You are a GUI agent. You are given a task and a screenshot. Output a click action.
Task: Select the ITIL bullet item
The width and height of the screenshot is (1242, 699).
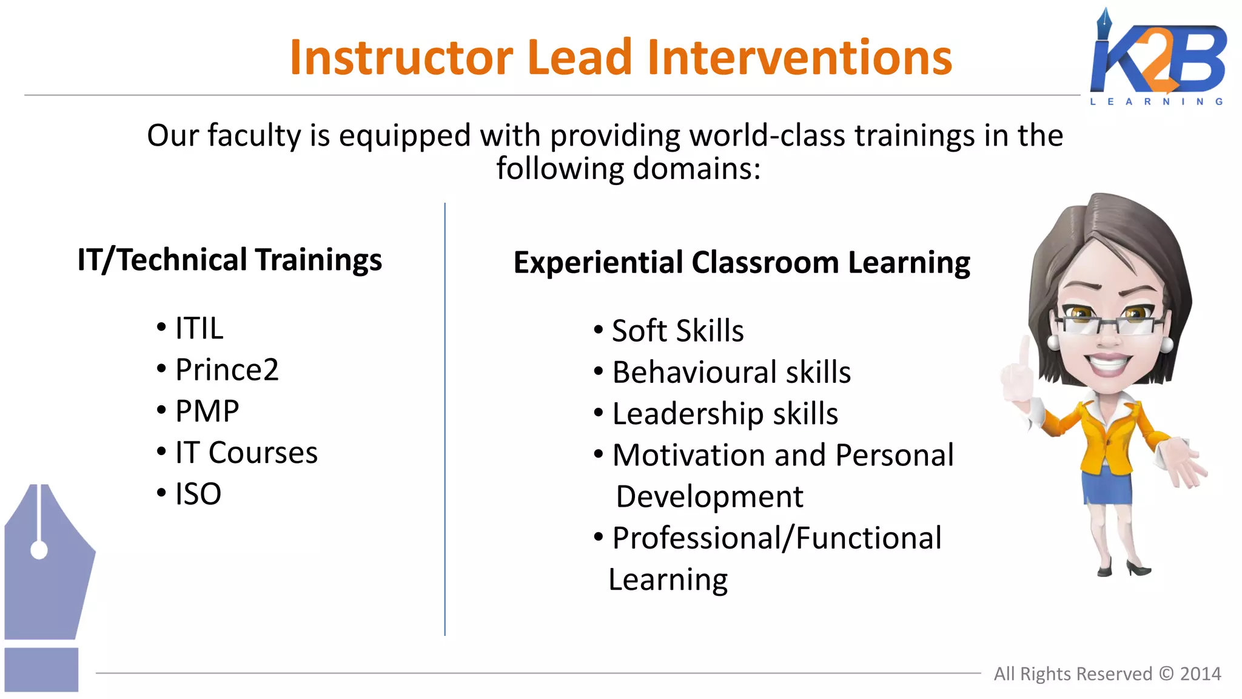tap(199, 328)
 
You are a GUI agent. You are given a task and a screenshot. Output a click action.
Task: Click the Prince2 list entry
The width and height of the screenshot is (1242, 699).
tap(227, 370)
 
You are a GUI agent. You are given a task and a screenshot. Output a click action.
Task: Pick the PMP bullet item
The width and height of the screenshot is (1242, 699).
tap(207, 411)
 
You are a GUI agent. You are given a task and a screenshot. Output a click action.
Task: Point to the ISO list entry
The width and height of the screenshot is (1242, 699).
tap(198, 494)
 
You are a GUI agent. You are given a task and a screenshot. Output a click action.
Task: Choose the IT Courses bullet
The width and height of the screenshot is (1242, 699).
tap(246, 453)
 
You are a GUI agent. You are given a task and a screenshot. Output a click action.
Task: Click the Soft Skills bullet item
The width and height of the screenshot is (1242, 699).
tap(677, 331)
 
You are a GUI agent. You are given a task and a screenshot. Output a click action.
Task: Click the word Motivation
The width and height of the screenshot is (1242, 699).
tap(688, 455)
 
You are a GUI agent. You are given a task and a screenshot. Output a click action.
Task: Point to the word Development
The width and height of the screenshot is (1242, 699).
tap(709, 497)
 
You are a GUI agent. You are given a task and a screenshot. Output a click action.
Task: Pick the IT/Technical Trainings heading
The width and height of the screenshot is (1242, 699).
tap(229, 260)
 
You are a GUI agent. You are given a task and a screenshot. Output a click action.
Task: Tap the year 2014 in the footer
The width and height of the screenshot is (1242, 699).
tap(1200, 674)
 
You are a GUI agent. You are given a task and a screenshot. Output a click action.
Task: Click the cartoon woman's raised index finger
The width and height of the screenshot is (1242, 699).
tap(1024, 352)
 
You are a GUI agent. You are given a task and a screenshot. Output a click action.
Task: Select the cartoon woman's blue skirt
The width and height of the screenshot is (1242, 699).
tap(1107, 485)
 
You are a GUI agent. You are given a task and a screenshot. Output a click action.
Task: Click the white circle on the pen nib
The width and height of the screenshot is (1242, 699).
tap(39, 550)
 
